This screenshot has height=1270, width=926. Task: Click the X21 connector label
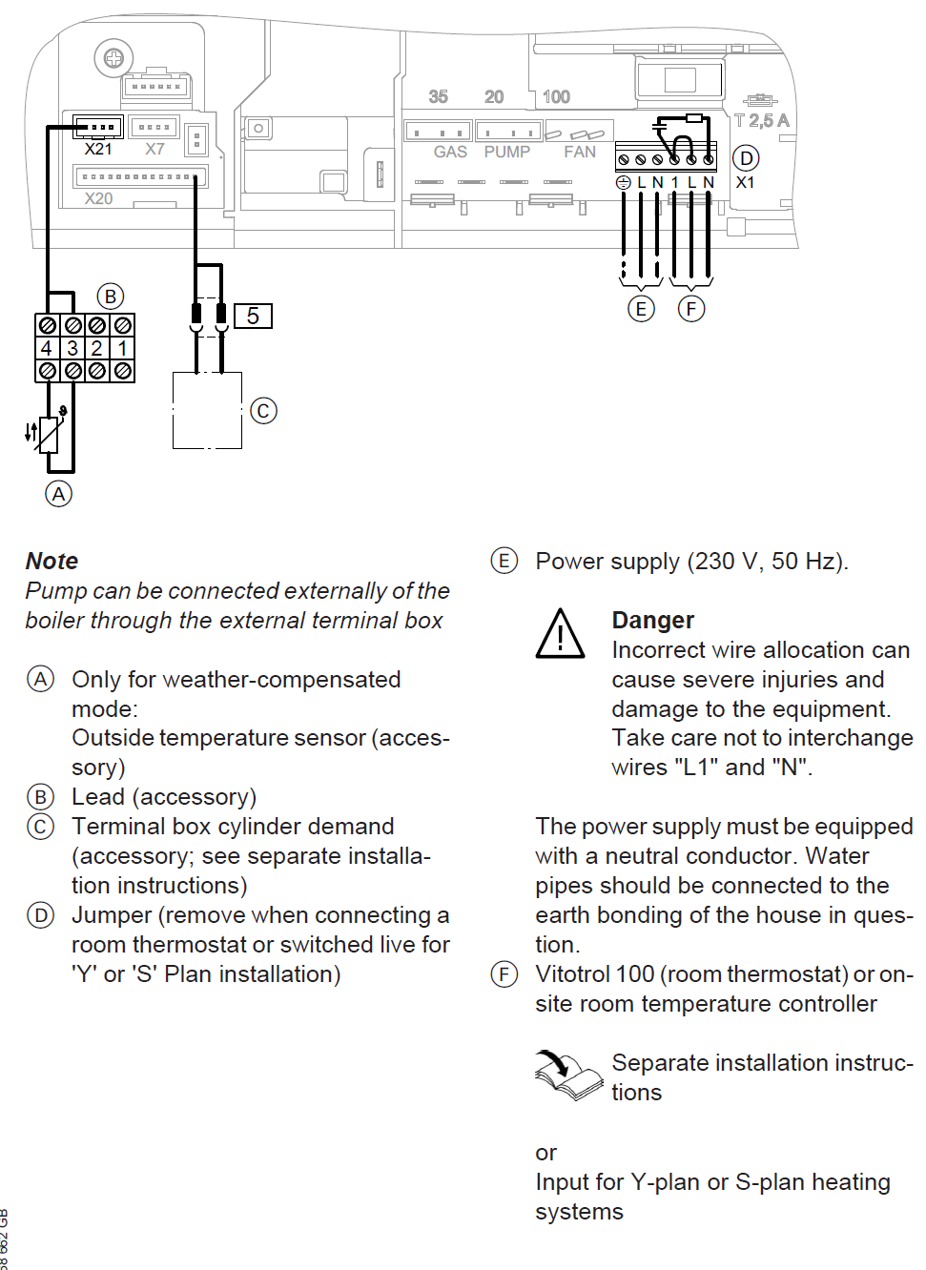click(98, 150)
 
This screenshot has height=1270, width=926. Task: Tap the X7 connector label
click(154, 150)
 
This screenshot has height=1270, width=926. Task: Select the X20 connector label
click(98, 198)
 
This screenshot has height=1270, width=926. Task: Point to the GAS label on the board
click(450, 152)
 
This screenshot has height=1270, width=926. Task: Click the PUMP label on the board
click(506, 152)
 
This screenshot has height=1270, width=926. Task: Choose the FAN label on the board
click(580, 152)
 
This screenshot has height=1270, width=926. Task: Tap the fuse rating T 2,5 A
click(762, 121)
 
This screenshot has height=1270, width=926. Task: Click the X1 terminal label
click(746, 182)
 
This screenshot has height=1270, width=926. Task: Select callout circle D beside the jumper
click(746, 158)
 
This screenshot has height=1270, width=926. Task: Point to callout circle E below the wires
click(641, 309)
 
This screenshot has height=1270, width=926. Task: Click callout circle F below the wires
click(691, 309)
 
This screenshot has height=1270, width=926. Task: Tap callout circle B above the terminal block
click(111, 297)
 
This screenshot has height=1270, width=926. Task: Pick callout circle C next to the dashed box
click(263, 411)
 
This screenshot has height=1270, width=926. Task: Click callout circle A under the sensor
click(59, 494)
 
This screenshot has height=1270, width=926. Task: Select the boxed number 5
click(253, 316)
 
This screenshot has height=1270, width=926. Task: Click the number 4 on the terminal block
click(47, 348)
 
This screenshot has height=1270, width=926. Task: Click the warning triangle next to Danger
click(561, 635)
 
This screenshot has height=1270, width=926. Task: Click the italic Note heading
click(52, 561)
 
